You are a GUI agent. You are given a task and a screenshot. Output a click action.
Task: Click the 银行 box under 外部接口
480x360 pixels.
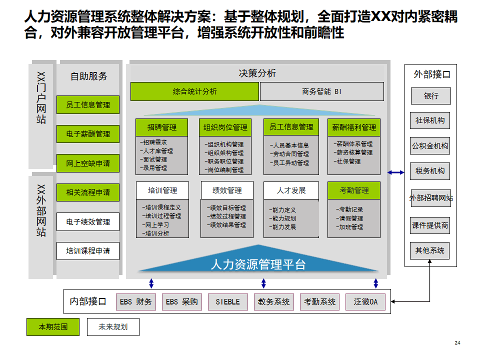click(430, 96)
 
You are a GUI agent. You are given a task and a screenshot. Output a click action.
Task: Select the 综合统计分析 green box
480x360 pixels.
click(195, 91)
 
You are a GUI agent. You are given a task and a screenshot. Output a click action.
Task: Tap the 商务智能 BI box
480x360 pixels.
click(322, 91)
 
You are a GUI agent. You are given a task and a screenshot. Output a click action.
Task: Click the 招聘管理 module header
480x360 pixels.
click(162, 127)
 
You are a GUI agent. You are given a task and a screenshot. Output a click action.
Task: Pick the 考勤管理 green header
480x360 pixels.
click(354, 190)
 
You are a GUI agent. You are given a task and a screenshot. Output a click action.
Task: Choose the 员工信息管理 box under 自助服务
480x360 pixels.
click(88, 105)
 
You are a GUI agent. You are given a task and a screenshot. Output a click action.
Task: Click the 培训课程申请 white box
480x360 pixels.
click(88, 250)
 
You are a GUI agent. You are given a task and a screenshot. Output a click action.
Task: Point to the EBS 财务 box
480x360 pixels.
click(136, 302)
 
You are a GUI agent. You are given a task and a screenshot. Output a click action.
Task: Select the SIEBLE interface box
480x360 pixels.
click(227, 302)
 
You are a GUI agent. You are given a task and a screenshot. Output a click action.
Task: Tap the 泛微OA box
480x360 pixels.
click(365, 302)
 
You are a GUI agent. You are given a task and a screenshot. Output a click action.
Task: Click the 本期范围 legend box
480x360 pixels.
click(53, 327)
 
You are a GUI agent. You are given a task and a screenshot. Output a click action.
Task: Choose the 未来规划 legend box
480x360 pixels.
click(113, 327)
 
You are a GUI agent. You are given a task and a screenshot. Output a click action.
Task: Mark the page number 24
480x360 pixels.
click(457, 343)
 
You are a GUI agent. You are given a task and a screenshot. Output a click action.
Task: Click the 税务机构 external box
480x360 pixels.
click(430, 171)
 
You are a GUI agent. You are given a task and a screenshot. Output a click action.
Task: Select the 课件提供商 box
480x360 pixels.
click(430, 225)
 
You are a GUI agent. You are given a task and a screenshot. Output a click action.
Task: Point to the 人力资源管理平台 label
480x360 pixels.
click(258, 264)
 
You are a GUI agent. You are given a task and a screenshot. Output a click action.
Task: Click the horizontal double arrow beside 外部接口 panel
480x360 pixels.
click(396, 172)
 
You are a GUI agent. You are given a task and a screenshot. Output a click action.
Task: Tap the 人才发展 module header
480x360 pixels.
click(291, 190)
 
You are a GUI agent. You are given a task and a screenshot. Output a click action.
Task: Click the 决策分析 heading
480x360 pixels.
click(257, 73)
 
